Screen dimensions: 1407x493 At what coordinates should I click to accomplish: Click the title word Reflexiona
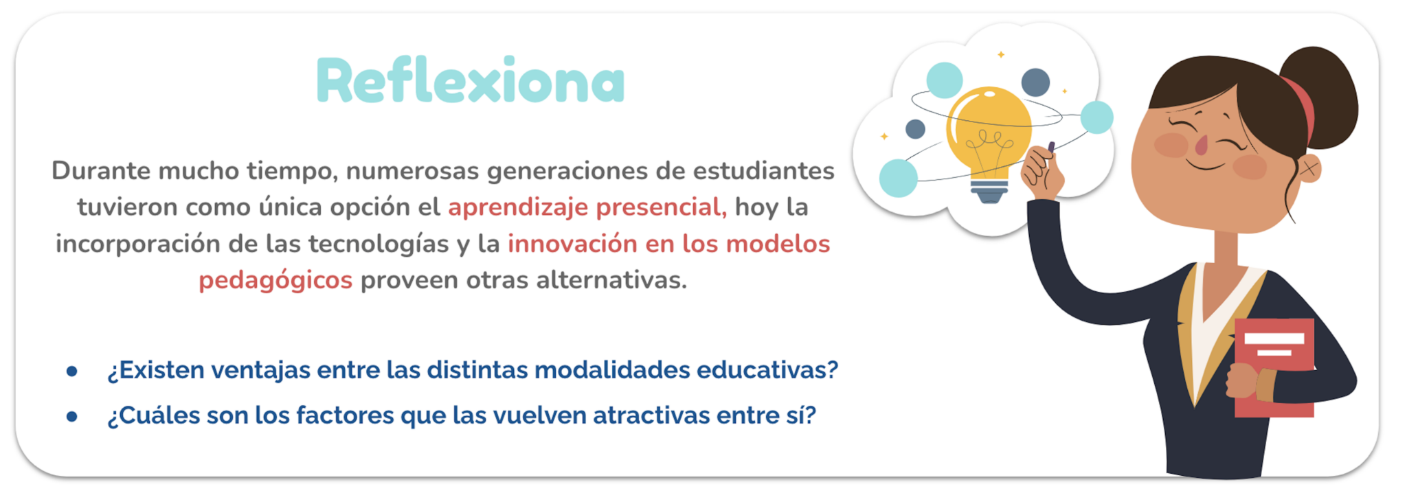(471, 80)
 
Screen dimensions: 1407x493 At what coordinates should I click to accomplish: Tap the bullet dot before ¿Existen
(71, 371)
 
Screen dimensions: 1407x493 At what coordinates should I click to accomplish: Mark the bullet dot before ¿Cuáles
(71, 417)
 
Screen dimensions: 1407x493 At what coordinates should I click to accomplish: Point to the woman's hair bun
(1320, 93)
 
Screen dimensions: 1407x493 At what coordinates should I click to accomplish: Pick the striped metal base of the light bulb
(989, 191)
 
